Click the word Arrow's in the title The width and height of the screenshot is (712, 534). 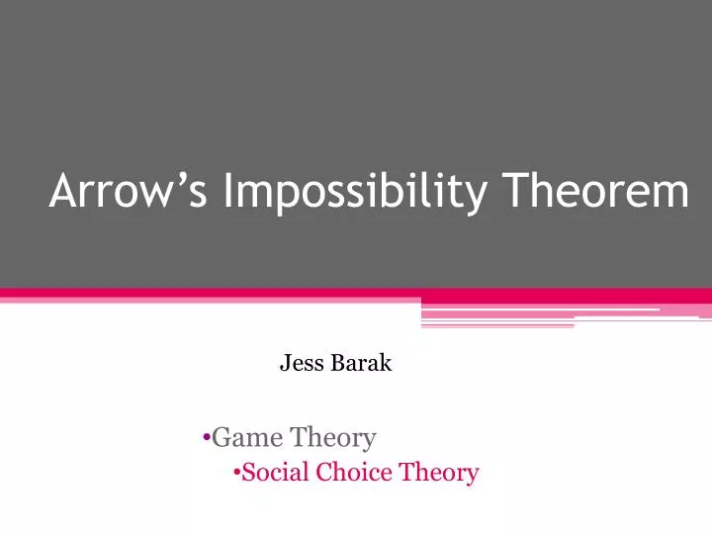click(x=128, y=191)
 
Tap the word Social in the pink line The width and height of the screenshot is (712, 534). click(x=276, y=472)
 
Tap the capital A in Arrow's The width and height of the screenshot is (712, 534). click(x=62, y=191)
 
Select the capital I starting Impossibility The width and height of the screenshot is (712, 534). click(x=228, y=191)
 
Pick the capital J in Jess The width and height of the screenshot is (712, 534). click(x=285, y=364)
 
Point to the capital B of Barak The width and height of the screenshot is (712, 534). click(x=337, y=363)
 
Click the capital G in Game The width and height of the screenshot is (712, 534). click(x=222, y=435)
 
